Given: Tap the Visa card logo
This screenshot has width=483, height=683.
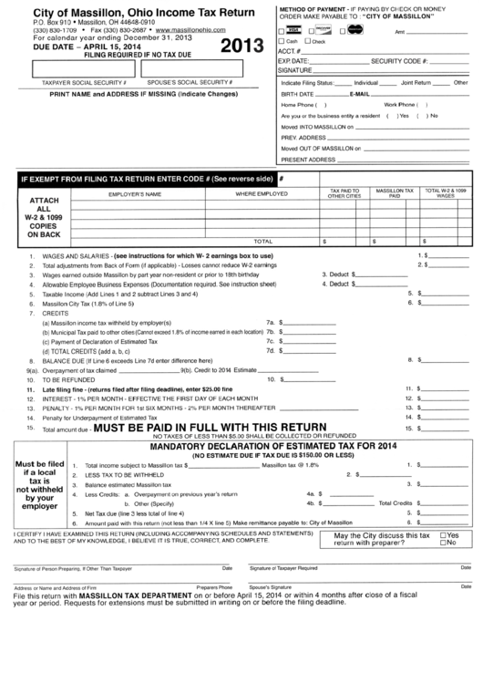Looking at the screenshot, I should pos(291,30).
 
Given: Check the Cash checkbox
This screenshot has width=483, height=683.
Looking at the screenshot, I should pos(282,42).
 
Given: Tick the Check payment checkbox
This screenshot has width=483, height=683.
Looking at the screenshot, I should pos(305,42).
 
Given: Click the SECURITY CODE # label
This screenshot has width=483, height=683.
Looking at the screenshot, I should pos(402,60).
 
